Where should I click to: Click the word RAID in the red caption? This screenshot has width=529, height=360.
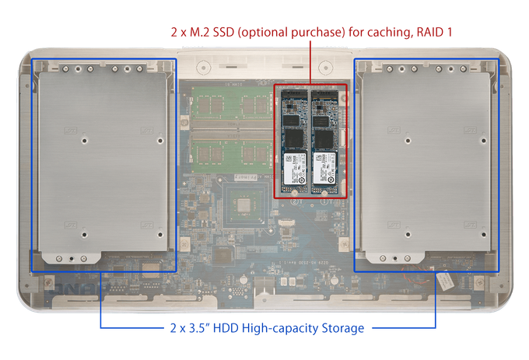(x=430, y=32)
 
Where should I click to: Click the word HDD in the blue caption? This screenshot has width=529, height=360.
(x=226, y=328)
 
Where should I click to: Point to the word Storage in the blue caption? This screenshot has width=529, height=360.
(x=343, y=328)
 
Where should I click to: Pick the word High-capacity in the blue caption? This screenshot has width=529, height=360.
(x=280, y=328)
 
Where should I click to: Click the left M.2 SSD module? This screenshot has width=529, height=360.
(x=294, y=142)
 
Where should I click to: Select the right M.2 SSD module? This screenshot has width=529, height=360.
(x=324, y=142)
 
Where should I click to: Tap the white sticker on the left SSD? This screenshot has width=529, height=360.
(x=295, y=169)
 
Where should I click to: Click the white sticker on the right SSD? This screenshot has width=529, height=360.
(x=324, y=169)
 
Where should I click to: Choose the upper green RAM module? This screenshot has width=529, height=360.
(x=232, y=104)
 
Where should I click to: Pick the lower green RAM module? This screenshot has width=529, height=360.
(x=232, y=152)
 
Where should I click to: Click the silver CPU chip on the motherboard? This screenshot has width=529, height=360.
(x=243, y=205)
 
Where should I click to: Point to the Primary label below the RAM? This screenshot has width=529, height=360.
(x=246, y=177)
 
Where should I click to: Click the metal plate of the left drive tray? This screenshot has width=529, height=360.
(x=103, y=162)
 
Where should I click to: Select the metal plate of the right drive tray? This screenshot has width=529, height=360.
(x=426, y=162)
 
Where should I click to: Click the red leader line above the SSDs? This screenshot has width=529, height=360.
(x=310, y=62)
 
